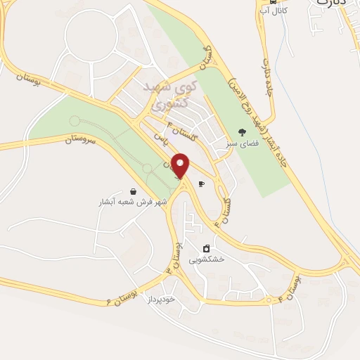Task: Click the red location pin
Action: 181,166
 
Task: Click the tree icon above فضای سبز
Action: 243,131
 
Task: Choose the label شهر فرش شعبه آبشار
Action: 134,202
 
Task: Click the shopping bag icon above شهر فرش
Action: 134,191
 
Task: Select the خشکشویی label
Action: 206,259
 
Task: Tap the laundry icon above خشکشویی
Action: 206,248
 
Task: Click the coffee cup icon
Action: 202,184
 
